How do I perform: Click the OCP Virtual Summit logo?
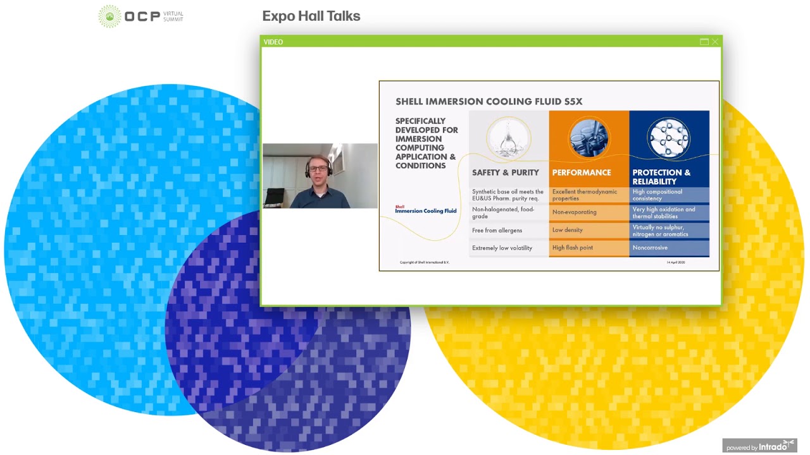coord(140,16)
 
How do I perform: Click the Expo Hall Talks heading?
coord(311,16)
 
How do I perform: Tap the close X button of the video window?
coord(715,42)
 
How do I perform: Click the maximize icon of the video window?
coord(704,42)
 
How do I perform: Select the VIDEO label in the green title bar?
coord(273,42)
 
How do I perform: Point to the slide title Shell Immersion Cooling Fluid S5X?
coord(489,101)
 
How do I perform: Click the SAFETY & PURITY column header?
coord(505,173)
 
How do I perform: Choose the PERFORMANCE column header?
coord(582,173)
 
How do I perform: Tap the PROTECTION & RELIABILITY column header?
coord(661,176)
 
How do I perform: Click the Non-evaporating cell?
coord(575,212)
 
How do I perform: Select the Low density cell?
coord(568,230)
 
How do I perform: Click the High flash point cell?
coord(573,248)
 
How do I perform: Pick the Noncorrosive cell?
coord(650,248)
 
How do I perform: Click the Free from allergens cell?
coord(497,230)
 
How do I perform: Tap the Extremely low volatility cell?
coord(502,248)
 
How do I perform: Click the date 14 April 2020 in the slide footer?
coord(675,262)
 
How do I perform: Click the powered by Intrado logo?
coord(759,446)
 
